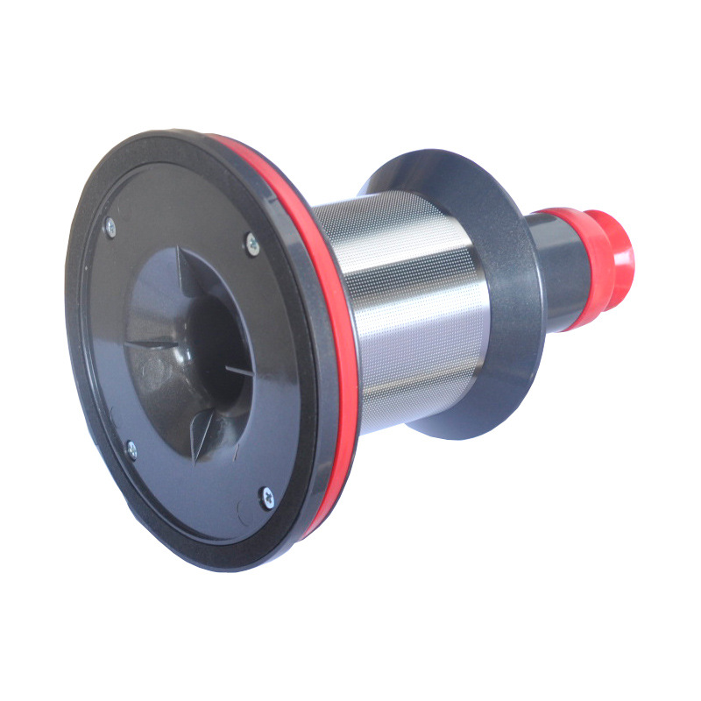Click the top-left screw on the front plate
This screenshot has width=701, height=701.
[110, 229]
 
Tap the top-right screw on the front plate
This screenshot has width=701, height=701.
[251, 244]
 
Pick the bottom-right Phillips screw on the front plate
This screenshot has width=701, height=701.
[267, 498]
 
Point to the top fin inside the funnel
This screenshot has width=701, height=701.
[180, 263]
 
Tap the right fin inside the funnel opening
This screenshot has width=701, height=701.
[238, 372]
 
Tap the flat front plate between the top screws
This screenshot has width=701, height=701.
[180, 219]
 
